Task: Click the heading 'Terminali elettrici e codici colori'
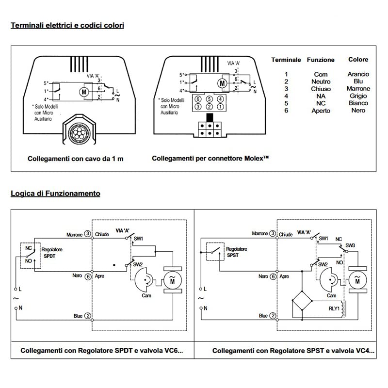[x=67, y=25]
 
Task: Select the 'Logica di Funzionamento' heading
[x=55, y=193]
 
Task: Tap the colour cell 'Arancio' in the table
[x=358, y=74]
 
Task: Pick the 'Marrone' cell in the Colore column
[x=358, y=89]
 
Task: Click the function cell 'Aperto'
[x=321, y=111]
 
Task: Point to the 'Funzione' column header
[x=321, y=60]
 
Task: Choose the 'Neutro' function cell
[x=321, y=81]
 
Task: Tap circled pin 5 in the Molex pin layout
[x=210, y=99]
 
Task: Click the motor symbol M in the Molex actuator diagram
[x=222, y=83]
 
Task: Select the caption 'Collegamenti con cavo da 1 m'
[x=76, y=159]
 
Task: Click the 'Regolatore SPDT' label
[x=52, y=253]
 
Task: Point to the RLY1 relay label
[x=334, y=308]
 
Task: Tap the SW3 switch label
[x=350, y=245]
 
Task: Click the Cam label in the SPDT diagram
[x=146, y=295]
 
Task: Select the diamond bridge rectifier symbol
[x=302, y=300]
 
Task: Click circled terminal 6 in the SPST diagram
[x=273, y=276]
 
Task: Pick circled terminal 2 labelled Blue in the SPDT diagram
[x=88, y=316]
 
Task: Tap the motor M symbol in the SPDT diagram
[x=173, y=280]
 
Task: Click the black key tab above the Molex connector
[x=210, y=117]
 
